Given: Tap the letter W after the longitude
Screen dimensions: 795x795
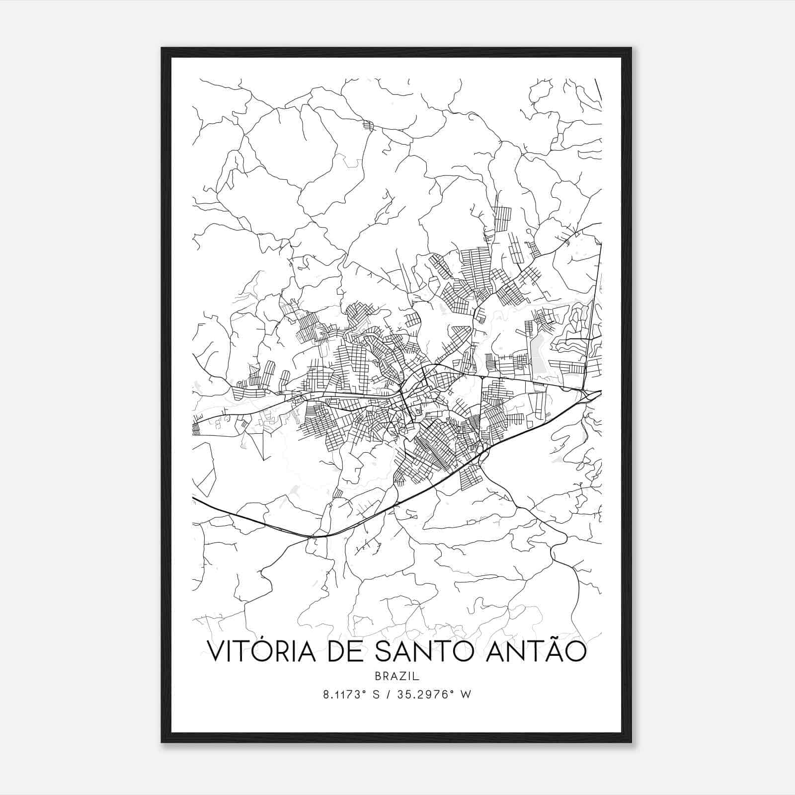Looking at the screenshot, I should pyautogui.click(x=465, y=695).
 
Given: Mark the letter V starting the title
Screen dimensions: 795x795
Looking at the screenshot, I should pyautogui.click(x=215, y=653).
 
